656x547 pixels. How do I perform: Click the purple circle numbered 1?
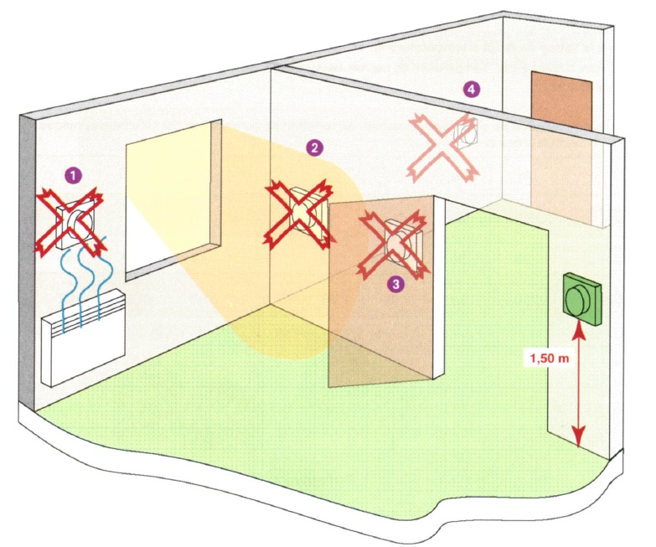click(73, 176)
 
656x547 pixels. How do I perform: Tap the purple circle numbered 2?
click(314, 147)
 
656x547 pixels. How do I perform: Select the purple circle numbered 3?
click(395, 284)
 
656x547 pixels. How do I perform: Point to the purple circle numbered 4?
click(472, 89)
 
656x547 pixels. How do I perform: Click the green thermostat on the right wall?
click(582, 299)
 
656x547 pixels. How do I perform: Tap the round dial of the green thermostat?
click(576, 301)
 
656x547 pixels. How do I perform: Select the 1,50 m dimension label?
click(550, 359)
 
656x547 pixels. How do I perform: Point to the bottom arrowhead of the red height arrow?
click(579, 439)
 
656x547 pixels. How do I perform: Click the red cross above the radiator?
click(70, 221)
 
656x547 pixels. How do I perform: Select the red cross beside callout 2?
click(298, 214)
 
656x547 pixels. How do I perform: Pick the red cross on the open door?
click(393, 245)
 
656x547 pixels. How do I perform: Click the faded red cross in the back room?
click(443, 147)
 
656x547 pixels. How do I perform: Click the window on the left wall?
click(173, 199)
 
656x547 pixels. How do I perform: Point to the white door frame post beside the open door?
click(438, 286)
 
